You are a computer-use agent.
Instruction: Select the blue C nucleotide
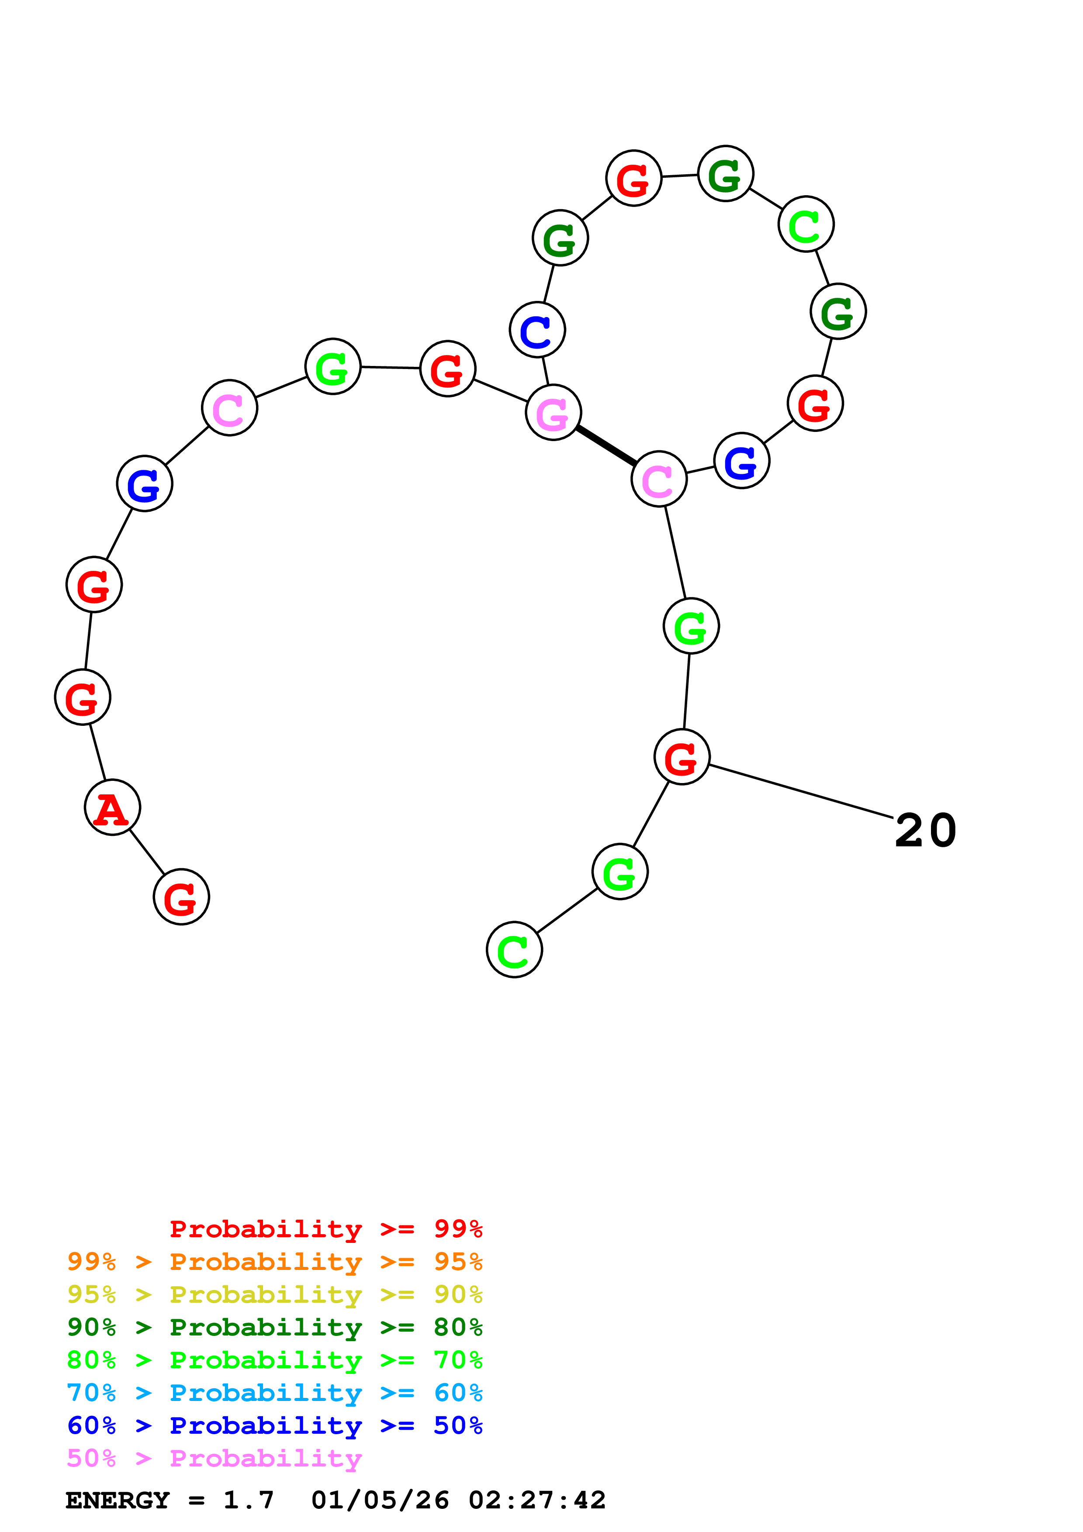(x=537, y=330)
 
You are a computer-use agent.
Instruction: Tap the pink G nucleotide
(x=553, y=412)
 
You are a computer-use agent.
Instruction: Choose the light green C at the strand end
(x=514, y=949)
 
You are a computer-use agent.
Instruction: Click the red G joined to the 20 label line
(x=681, y=757)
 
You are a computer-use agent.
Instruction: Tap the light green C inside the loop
(x=806, y=224)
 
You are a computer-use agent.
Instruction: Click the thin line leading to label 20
(x=801, y=791)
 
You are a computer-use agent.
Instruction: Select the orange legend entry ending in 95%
(x=274, y=1261)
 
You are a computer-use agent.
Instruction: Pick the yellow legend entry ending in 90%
(x=274, y=1294)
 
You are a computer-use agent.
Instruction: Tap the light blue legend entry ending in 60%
(x=274, y=1393)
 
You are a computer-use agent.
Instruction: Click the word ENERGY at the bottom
(x=118, y=1500)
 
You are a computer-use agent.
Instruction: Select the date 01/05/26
(x=380, y=1500)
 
